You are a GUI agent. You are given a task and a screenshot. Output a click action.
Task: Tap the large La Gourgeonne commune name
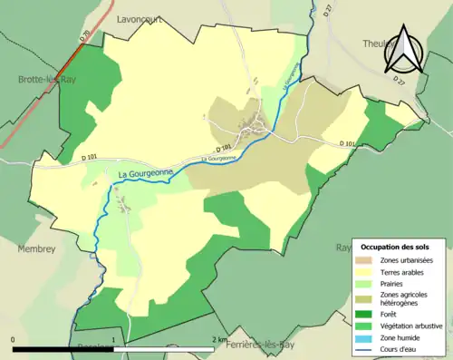pos(148,175)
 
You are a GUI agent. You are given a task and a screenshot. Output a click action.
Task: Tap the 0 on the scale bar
pos(13,340)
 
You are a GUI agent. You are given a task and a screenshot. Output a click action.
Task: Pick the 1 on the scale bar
pos(113,340)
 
